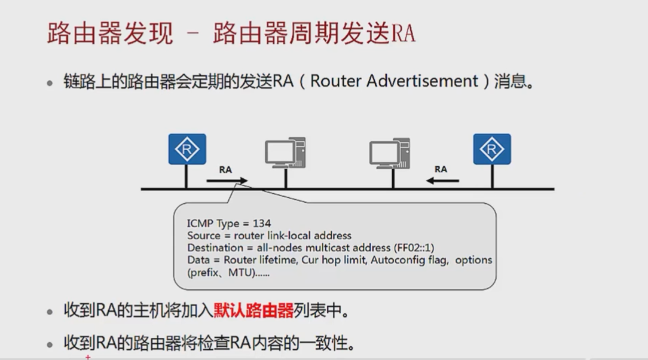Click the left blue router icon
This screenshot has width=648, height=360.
point(187,149)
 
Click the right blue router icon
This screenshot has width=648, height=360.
point(492,149)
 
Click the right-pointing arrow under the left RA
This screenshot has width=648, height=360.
point(227,180)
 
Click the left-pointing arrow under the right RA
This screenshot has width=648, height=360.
point(442,180)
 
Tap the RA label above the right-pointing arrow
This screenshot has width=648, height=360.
point(225,169)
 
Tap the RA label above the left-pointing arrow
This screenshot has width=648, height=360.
point(441,169)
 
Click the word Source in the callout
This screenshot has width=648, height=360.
point(204,236)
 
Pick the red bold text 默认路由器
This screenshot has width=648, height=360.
point(253,311)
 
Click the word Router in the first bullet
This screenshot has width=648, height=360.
point(335,81)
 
